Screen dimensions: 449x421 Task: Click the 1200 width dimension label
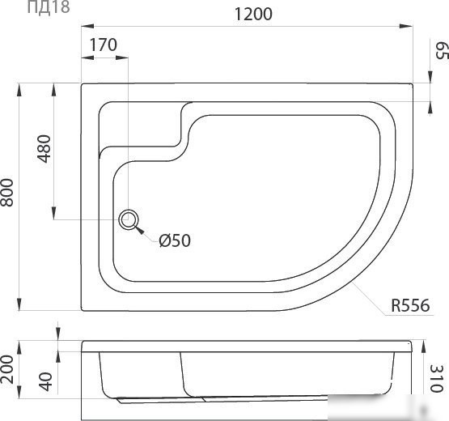[253, 14]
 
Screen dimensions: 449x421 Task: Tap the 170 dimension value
[104, 45]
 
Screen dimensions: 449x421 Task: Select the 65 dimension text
[441, 50]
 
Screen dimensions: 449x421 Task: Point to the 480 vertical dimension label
[44, 148]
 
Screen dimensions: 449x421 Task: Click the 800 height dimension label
[6, 193]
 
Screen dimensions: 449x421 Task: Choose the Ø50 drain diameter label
[175, 240]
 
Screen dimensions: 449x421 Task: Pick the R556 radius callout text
[410, 305]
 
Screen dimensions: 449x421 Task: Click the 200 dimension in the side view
[6, 369]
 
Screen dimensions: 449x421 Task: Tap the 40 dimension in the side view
[46, 381]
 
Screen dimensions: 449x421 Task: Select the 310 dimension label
[437, 378]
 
